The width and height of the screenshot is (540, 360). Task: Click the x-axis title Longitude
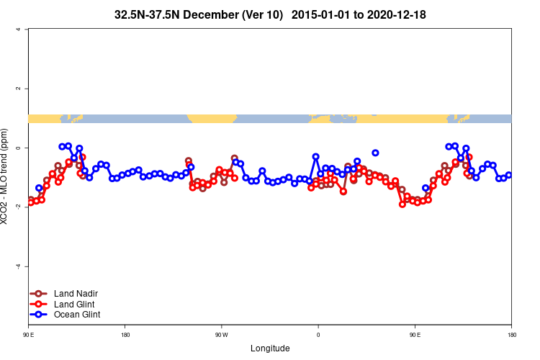[270, 348]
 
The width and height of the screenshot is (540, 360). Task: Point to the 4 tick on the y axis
[27, 30]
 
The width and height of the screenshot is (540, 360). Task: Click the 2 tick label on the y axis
[27, 89]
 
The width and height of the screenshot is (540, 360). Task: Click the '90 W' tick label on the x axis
[222, 335]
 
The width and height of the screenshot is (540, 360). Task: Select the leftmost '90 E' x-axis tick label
[28, 335]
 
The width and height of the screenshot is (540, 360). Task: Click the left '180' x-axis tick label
[125, 335]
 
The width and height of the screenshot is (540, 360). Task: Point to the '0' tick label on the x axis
[318, 335]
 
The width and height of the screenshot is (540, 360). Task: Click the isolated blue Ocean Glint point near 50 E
[376, 153]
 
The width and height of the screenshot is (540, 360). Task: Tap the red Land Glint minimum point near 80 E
[402, 204]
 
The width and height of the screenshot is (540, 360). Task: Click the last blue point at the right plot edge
[508, 175]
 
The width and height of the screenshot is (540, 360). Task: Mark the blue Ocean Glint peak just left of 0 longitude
[315, 156]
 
